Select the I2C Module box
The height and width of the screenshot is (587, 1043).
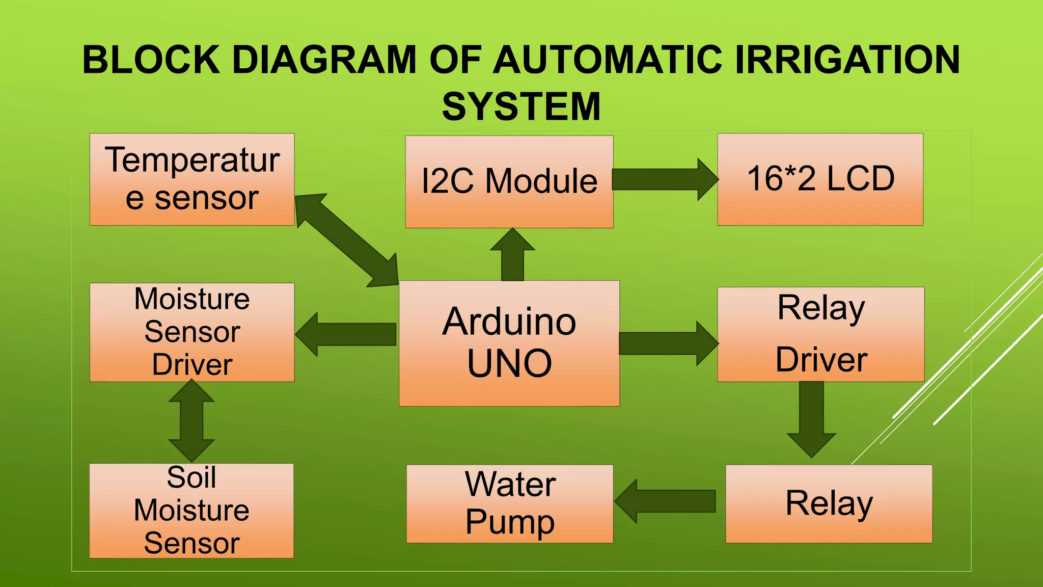click(509, 181)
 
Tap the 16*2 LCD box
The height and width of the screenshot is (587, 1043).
click(820, 179)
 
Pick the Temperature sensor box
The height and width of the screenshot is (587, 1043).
click(192, 179)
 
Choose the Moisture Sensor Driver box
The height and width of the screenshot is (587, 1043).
click(192, 332)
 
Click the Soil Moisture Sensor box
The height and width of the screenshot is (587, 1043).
click(191, 511)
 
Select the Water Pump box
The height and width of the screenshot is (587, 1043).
click(510, 503)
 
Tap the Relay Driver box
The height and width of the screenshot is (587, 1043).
click(820, 334)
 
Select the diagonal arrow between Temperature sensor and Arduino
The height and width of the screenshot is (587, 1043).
click(346, 239)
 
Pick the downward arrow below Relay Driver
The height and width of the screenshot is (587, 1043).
click(811, 418)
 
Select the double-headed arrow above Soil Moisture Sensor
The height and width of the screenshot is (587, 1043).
click(191, 421)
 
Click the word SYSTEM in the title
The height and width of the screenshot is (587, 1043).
click(521, 106)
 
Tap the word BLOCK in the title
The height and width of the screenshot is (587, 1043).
click(151, 60)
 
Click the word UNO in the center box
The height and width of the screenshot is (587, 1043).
click(509, 363)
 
